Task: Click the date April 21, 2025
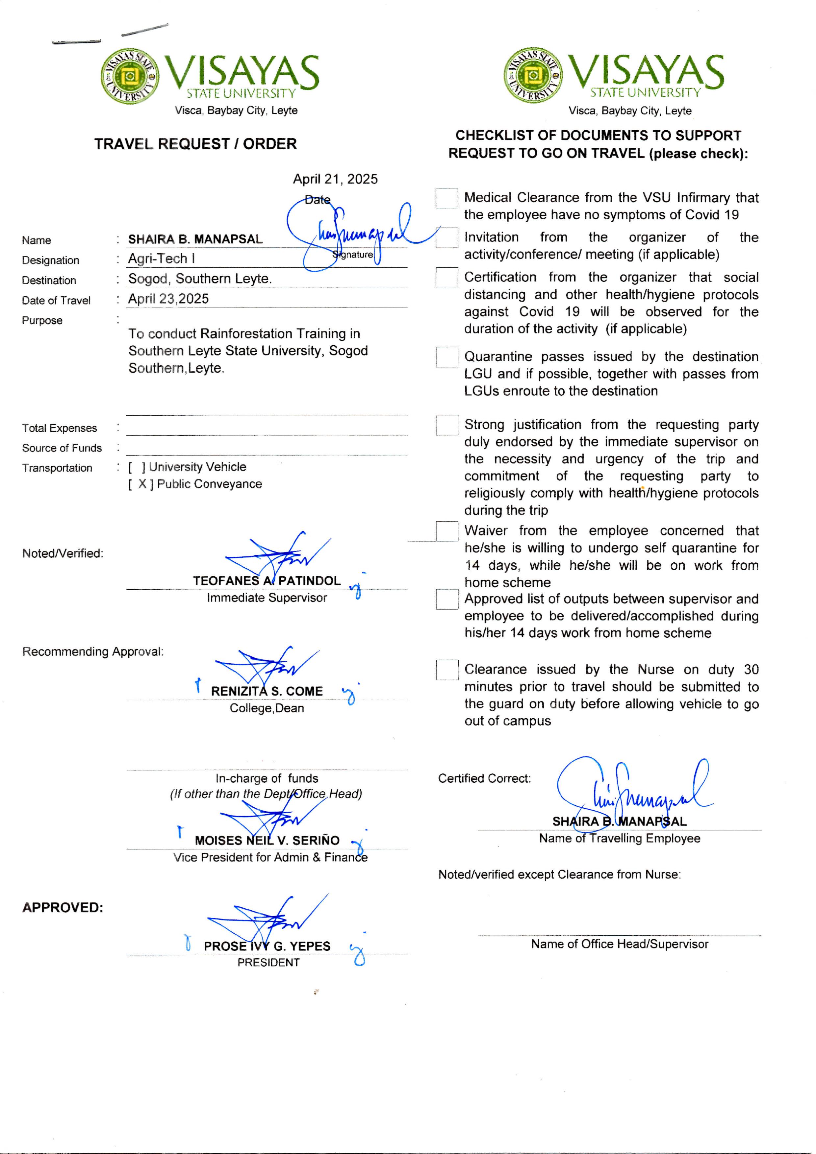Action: [335, 180]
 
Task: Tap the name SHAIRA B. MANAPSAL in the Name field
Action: [195, 239]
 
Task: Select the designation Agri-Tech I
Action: [161, 259]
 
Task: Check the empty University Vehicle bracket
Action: [137, 467]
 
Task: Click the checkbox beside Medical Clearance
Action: [446, 198]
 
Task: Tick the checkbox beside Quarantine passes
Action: [446, 357]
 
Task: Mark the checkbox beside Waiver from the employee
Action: [446, 531]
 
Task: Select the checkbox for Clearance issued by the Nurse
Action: [446, 670]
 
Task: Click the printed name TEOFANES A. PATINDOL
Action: [267, 581]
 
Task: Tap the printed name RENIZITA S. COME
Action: [267, 692]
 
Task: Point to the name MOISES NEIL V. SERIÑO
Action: [267, 840]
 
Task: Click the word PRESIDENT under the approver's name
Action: [268, 963]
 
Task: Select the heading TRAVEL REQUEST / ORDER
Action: [195, 144]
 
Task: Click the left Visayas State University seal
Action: [130, 76]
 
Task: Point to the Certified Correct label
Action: [484, 778]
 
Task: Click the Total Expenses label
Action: [59, 428]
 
